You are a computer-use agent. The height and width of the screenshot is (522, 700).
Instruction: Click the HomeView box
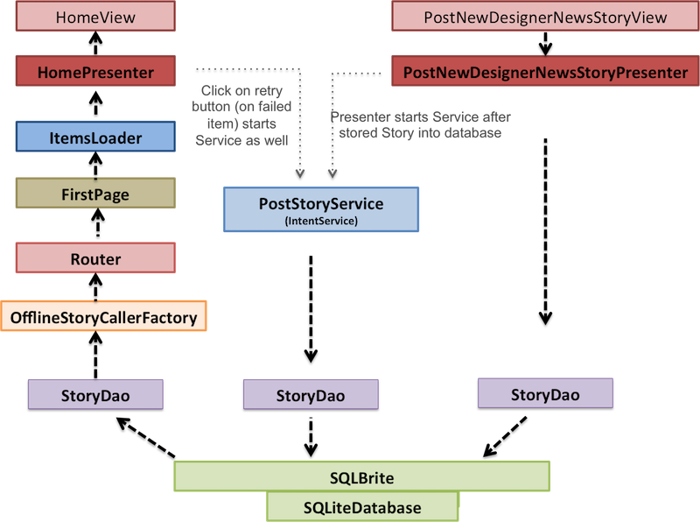pyautogui.click(x=95, y=16)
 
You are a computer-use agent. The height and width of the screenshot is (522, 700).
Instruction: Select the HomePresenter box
pyautogui.click(x=95, y=71)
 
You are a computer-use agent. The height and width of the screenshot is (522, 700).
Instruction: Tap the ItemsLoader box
pyautogui.click(x=95, y=137)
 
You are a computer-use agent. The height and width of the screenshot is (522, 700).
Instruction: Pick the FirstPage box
pyautogui.click(x=95, y=193)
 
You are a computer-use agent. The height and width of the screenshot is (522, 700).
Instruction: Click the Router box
pyautogui.click(x=95, y=257)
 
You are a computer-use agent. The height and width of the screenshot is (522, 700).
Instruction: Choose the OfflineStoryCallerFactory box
pyautogui.click(x=103, y=316)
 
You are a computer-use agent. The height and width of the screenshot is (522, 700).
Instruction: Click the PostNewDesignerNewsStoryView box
pyautogui.click(x=545, y=16)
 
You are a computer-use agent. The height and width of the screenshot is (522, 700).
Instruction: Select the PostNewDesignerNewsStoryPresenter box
pyautogui.click(x=545, y=71)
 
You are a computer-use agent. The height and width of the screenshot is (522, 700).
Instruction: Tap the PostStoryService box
pyautogui.click(x=321, y=209)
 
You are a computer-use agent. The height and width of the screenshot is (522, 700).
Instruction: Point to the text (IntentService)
pyautogui.click(x=321, y=221)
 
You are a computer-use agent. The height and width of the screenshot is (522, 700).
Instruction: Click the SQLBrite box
pyautogui.click(x=361, y=476)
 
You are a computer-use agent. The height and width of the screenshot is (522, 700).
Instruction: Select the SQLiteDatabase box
pyautogui.click(x=362, y=507)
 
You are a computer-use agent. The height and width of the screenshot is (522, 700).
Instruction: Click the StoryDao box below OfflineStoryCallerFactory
pyautogui.click(x=95, y=395)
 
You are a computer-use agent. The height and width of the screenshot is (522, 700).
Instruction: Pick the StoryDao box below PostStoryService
pyautogui.click(x=311, y=395)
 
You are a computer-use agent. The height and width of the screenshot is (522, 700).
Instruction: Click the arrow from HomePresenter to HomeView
pyautogui.click(x=95, y=43)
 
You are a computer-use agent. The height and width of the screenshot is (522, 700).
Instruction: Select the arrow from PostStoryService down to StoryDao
pyautogui.click(x=311, y=309)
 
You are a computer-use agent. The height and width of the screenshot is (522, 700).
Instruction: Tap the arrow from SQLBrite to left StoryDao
pyautogui.click(x=145, y=438)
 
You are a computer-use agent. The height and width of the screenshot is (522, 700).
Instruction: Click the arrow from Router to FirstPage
pyautogui.click(x=97, y=222)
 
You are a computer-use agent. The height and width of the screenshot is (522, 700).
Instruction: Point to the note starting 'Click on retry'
pyautogui.click(x=241, y=116)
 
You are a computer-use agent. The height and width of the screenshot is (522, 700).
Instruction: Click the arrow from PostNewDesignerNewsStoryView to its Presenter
pyautogui.click(x=545, y=43)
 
